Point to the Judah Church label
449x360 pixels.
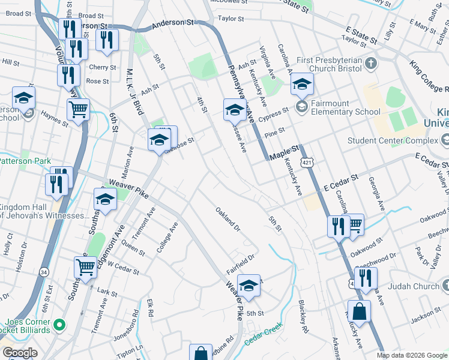click(x=414, y=286)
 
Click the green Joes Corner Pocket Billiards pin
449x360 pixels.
click(x=59, y=325)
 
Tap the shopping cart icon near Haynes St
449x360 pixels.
click(x=78, y=110)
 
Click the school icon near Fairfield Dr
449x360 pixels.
click(x=249, y=286)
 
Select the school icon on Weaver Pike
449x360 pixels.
click(x=105, y=200)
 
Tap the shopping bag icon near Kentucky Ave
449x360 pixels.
click(x=359, y=312)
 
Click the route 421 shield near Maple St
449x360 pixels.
click(x=307, y=163)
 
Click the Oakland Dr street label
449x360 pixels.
click(x=228, y=220)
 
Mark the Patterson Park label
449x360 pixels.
click(x=24, y=160)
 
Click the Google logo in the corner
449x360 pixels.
click(x=20, y=352)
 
